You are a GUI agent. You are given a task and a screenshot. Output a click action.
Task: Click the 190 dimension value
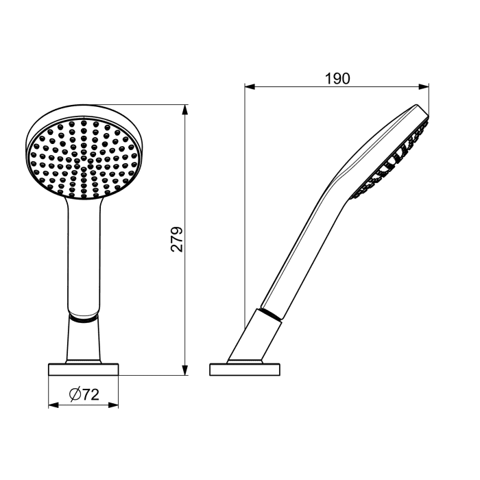tap(337, 79)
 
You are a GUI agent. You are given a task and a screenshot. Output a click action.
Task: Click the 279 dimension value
tap(177, 239)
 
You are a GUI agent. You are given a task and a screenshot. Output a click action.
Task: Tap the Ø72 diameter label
tap(84, 394)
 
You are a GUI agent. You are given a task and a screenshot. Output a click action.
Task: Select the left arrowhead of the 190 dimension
tap(250, 87)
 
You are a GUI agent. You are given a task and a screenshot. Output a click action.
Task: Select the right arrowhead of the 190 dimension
tap(424, 87)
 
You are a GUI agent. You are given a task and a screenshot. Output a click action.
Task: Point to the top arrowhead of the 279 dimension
tap(185, 110)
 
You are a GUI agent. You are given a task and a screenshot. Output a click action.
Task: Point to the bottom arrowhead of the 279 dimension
tap(185, 370)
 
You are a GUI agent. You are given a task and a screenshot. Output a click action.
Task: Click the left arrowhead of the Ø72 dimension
tap(53, 405)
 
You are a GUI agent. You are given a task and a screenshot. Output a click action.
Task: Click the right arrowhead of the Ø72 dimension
tap(113, 405)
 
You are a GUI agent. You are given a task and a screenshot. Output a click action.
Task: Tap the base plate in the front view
tap(83, 370)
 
